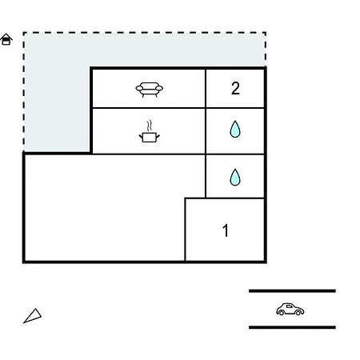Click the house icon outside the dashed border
[6, 39]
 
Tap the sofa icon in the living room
[150, 90]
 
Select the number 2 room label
[235, 88]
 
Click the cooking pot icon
[150, 138]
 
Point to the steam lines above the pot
[150, 126]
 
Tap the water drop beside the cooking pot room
[235, 129]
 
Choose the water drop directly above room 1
[235, 177]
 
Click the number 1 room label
[226, 230]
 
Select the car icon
[290, 310]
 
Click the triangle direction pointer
[33, 316]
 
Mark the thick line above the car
[292, 291]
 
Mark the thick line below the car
[292, 327]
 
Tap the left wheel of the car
[282, 313]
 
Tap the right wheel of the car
[298, 312]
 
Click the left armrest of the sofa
[139, 88]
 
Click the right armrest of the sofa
[159, 88]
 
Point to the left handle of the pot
[141, 137]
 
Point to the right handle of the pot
[158, 137]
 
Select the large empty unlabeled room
[104, 208]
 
